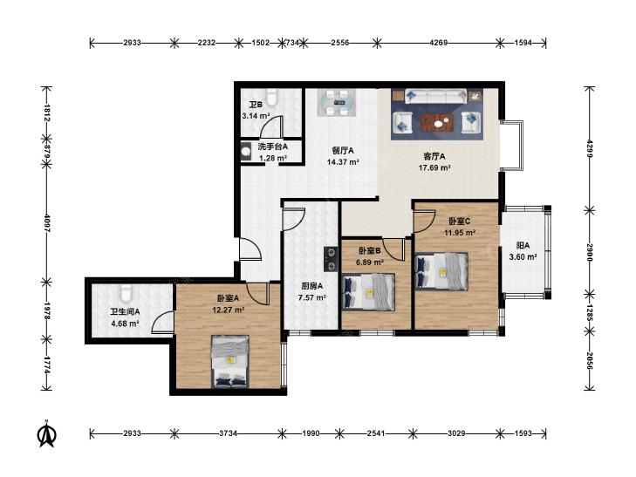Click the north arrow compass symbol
coord(46,433)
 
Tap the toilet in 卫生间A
coord(127,293)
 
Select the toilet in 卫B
coord(270,98)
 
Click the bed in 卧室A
coord(230,362)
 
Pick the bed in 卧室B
coord(368,292)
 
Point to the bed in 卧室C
coord(441,271)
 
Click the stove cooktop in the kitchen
coord(331,259)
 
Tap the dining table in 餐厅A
coord(337,103)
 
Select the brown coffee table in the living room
coord(437,123)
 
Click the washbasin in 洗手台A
coord(246,151)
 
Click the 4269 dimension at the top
coord(438,43)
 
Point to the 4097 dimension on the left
coord(46,223)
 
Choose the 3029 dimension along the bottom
coord(456,433)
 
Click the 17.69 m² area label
coord(434,167)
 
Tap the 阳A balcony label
coord(523,246)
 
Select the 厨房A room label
coord(311,286)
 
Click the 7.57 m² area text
coord(312,298)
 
